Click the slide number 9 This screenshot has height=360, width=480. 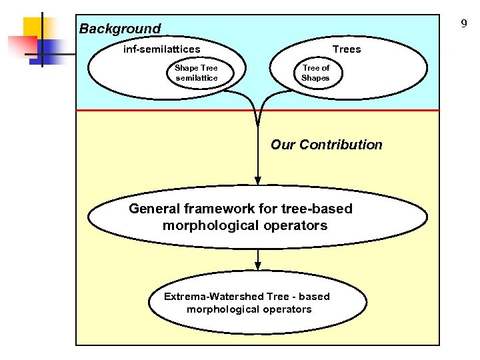pos(463,24)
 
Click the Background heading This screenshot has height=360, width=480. pos(120,29)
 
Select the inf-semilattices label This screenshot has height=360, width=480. pos(161,49)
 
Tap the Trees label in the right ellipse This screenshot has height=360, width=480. pos(346,49)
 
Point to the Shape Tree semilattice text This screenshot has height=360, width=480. pos(196,73)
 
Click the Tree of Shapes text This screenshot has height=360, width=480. pos(315,73)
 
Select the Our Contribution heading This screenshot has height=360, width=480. pos(326,145)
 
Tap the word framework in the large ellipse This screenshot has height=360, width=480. pos(216,209)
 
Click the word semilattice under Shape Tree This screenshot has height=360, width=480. pos(196,78)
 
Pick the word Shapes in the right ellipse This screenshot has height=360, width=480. pos(315,78)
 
